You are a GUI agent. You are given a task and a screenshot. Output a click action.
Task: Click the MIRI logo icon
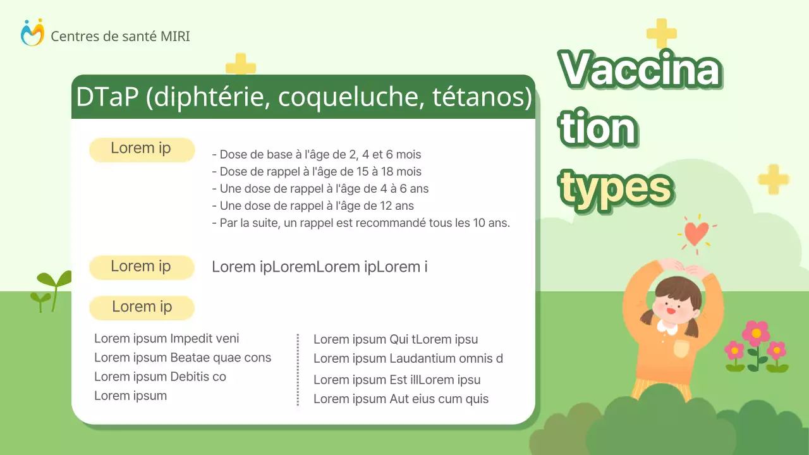[x=32, y=32]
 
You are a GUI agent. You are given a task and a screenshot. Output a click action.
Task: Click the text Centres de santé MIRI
[x=120, y=36]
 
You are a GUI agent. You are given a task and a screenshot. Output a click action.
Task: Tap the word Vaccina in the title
[x=640, y=70]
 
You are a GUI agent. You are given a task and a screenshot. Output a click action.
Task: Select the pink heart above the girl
[x=696, y=232]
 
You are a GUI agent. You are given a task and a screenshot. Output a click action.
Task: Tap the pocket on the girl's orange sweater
[x=680, y=349]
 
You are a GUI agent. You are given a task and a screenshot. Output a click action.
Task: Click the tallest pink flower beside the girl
[x=756, y=333]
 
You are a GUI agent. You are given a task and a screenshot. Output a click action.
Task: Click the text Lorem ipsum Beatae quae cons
[x=183, y=358]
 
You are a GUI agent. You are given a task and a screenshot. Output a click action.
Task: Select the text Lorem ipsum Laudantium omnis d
[x=408, y=359]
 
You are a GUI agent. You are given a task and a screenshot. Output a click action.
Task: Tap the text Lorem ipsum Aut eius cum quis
[x=401, y=399]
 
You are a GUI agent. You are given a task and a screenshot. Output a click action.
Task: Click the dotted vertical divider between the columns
[x=298, y=369]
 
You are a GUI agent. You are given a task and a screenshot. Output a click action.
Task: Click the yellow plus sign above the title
[x=662, y=33]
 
